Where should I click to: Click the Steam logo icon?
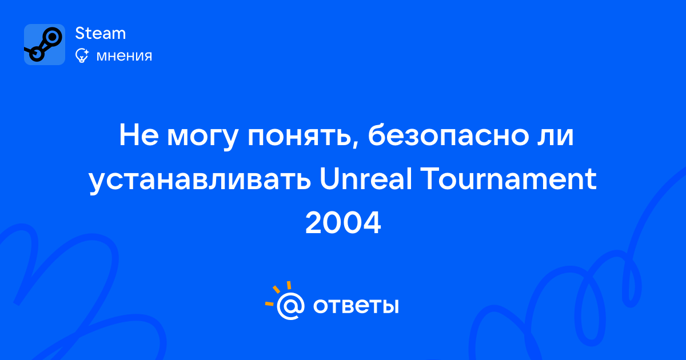click(x=45, y=45)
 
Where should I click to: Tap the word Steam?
click(x=101, y=33)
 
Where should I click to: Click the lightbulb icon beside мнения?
click(x=82, y=55)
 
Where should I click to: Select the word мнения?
click(x=124, y=56)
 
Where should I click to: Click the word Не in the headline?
click(x=139, y=135)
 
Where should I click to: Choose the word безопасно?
click(x=448, y=135)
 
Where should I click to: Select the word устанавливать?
click(x=200, y=181)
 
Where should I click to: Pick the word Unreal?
click(x=366, y=178)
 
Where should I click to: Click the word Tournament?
click(x=509, y=178)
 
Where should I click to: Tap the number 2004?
click(x=343, y=222)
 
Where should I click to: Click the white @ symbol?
click(x=290, y=306)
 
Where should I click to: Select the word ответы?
click(x=356, y=306)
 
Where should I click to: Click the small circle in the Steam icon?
click(x=37, y=54)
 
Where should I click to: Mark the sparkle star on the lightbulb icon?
click(x=86, y=51)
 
